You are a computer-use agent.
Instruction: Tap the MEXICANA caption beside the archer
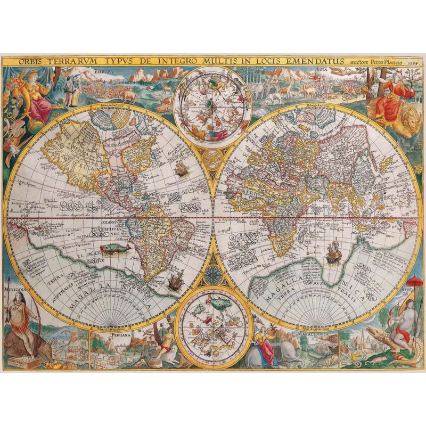15,292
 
